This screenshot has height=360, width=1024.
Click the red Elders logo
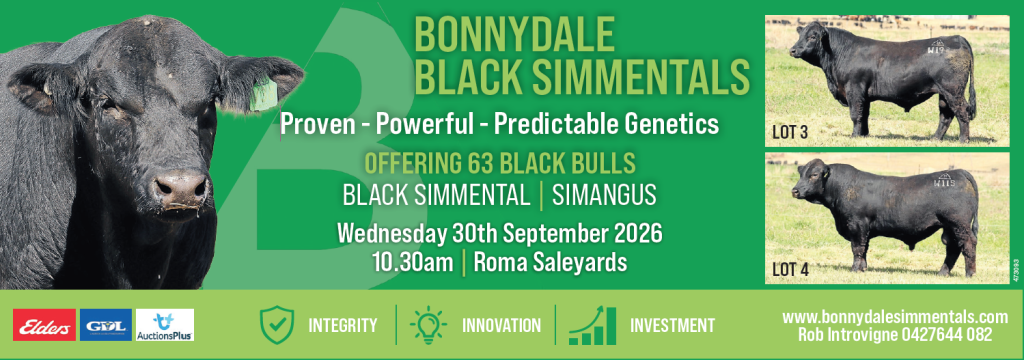click(x=44, y=325)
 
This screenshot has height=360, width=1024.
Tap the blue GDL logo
click(x=106, y=325)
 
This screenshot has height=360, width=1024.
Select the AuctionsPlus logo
click(x=165, y=325)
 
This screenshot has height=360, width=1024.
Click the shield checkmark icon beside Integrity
click(x=277, y=325)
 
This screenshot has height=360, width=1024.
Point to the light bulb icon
click(x=428, y=325)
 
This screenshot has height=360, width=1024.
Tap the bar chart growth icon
click(x=592, y=325)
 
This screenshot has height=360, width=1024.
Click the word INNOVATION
click(x=502, y=325)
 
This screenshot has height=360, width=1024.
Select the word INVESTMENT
click(x=672, y=325)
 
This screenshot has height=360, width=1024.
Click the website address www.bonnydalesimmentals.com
click(x=895, y=317)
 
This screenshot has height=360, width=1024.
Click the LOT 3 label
click(x=790, y=133)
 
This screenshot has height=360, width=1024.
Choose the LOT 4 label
click(x=790, y=269)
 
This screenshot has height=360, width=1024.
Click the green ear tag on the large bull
click(x=264, y=95)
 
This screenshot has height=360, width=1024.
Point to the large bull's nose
click(x=180, y=189)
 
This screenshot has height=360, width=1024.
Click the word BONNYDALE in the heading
click(x=515, y=35)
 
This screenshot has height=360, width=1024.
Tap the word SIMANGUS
click(x=604, y=196)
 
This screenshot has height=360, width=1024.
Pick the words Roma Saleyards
click(x=550, y=263)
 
